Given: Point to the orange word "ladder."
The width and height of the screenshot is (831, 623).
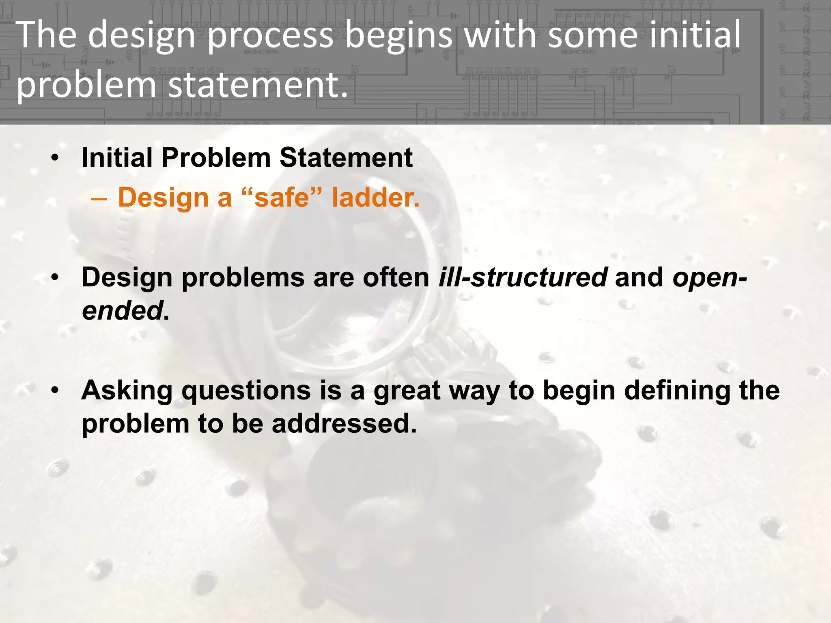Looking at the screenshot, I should (375, 198).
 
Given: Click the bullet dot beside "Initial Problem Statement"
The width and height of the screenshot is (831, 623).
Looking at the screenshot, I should (56, 158).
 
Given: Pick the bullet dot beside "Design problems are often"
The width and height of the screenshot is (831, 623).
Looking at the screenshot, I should (56, 278).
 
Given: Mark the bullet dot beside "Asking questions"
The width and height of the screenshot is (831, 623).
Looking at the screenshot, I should (56, 391).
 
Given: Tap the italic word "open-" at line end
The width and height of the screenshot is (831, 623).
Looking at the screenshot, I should (710, 278).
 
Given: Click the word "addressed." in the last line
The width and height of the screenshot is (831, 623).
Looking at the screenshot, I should (344, 424).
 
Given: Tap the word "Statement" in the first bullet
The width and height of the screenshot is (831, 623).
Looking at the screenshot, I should (346, 158).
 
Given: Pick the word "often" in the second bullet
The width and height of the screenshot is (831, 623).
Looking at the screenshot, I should (396, 278).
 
